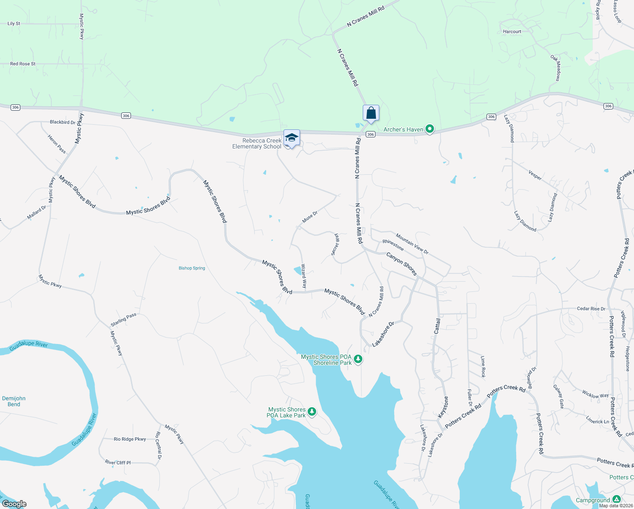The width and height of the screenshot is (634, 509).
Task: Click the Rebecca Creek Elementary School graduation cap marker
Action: [x=292, y=138]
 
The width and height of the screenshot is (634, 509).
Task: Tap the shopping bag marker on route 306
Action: [x=371, y=113]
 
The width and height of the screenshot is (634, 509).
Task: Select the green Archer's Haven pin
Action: [x=429, y=129]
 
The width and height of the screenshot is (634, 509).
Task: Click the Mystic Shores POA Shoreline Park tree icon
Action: [x=358, y=359]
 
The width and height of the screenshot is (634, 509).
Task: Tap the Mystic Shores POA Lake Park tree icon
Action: [x=312, y=411]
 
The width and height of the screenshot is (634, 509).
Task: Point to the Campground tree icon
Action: [x=617, y=499]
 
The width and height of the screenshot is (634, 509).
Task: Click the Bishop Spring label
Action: [x=192, y=268]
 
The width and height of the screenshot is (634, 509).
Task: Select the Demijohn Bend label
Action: [x=14, y=401]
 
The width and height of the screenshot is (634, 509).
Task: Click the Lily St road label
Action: [x=14, y=24]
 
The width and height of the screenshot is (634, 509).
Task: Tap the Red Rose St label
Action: [x=23, y=64]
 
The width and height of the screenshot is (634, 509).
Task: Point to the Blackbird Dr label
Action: [x=62, y=122]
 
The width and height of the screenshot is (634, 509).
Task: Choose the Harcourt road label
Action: [x=512, y=32]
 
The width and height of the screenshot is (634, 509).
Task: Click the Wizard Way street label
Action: [x=304, y=276]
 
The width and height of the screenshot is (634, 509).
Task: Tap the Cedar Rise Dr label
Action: [x=591, y=309]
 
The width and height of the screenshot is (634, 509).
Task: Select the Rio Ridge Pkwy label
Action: [x=130, y=439]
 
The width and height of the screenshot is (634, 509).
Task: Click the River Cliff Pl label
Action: [x=118, y=463]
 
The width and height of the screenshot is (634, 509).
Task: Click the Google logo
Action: [x=14, y=504]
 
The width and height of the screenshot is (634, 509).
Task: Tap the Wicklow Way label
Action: [x=595, y=395]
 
